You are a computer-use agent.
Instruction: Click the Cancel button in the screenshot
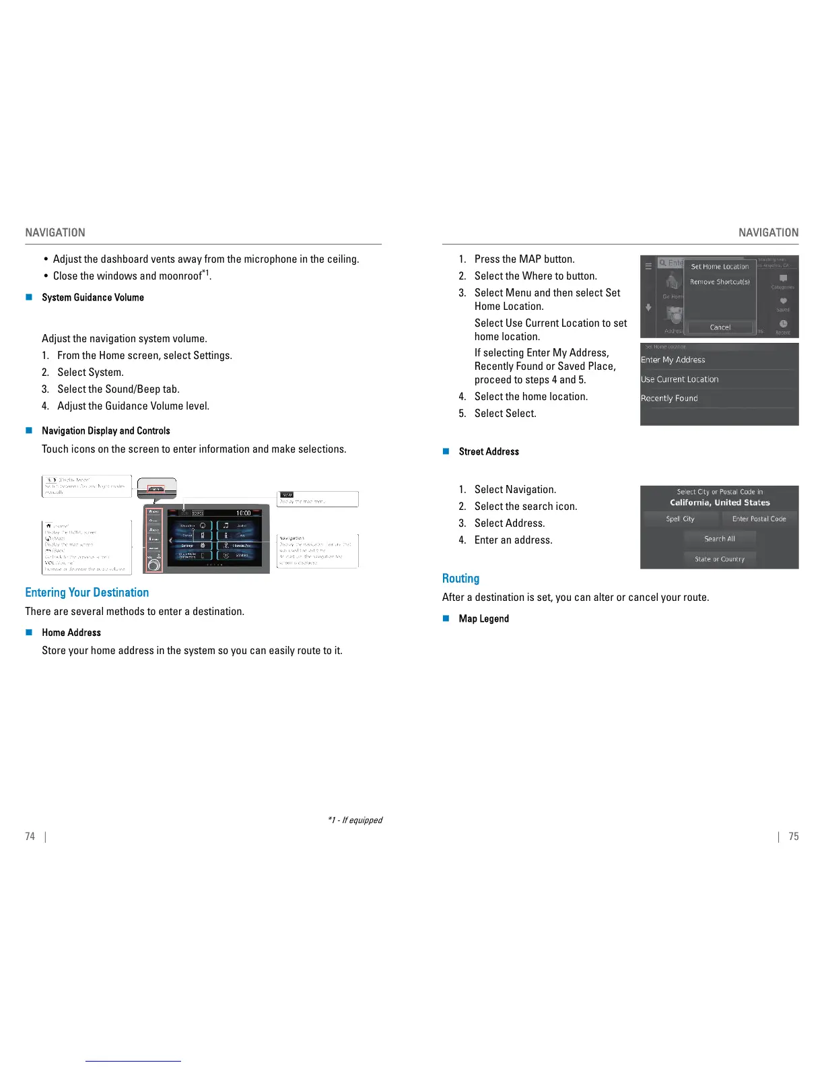click(720, 327)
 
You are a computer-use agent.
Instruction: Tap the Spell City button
click(680, 519)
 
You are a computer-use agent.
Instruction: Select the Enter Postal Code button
click(759, 519)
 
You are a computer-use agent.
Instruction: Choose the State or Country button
click(720, 559)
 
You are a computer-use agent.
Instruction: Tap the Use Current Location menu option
click(680, 379)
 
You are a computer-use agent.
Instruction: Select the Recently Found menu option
click(669, 398)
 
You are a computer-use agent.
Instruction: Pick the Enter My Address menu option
click(673, 360)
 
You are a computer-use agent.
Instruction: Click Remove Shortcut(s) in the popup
click(720, 282)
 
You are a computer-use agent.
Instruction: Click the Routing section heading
click(460, 578)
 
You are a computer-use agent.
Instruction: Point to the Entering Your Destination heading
click(87, 592)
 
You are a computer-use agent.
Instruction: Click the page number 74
click(30, 836)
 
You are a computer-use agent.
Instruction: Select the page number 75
click(794, 836)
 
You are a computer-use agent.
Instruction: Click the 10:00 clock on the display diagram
click(243, 513)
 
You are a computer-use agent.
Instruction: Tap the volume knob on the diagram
click(154, 565)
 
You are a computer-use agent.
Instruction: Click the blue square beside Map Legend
click(446, 618)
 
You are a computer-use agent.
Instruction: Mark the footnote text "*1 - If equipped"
click(355, 820)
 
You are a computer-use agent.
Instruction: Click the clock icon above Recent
click(783, 324)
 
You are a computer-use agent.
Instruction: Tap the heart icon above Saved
click(783, 301)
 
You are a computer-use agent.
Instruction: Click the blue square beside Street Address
click(446, 451)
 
